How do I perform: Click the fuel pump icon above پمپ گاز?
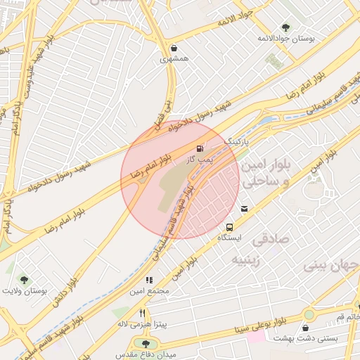pyautogui.click(x=201, y=148)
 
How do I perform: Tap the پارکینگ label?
pyautogui.click(x=238, y=141)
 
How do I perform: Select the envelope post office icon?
pyautogui.click(x=244, y=208)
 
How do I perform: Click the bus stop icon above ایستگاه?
pyautogui.click(x=230, y=226)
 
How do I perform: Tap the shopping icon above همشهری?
pyautogui.click(x=174, y=49)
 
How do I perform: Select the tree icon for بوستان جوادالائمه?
pyautogui.click(x=285, y=27)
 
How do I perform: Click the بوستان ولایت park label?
pyautogui.click(x=25, y=290)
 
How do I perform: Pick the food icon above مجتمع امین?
pyautogui.click(x=150, y=280)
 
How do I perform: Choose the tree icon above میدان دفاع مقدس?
pyautogui.click(x=146, y=344)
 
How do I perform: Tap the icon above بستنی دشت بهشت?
pyautogui.click(x=306, y=328)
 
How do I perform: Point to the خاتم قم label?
pyautogui.click(x=349, y=317)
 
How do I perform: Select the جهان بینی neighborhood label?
pyautogui.click(x=331, y=266)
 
